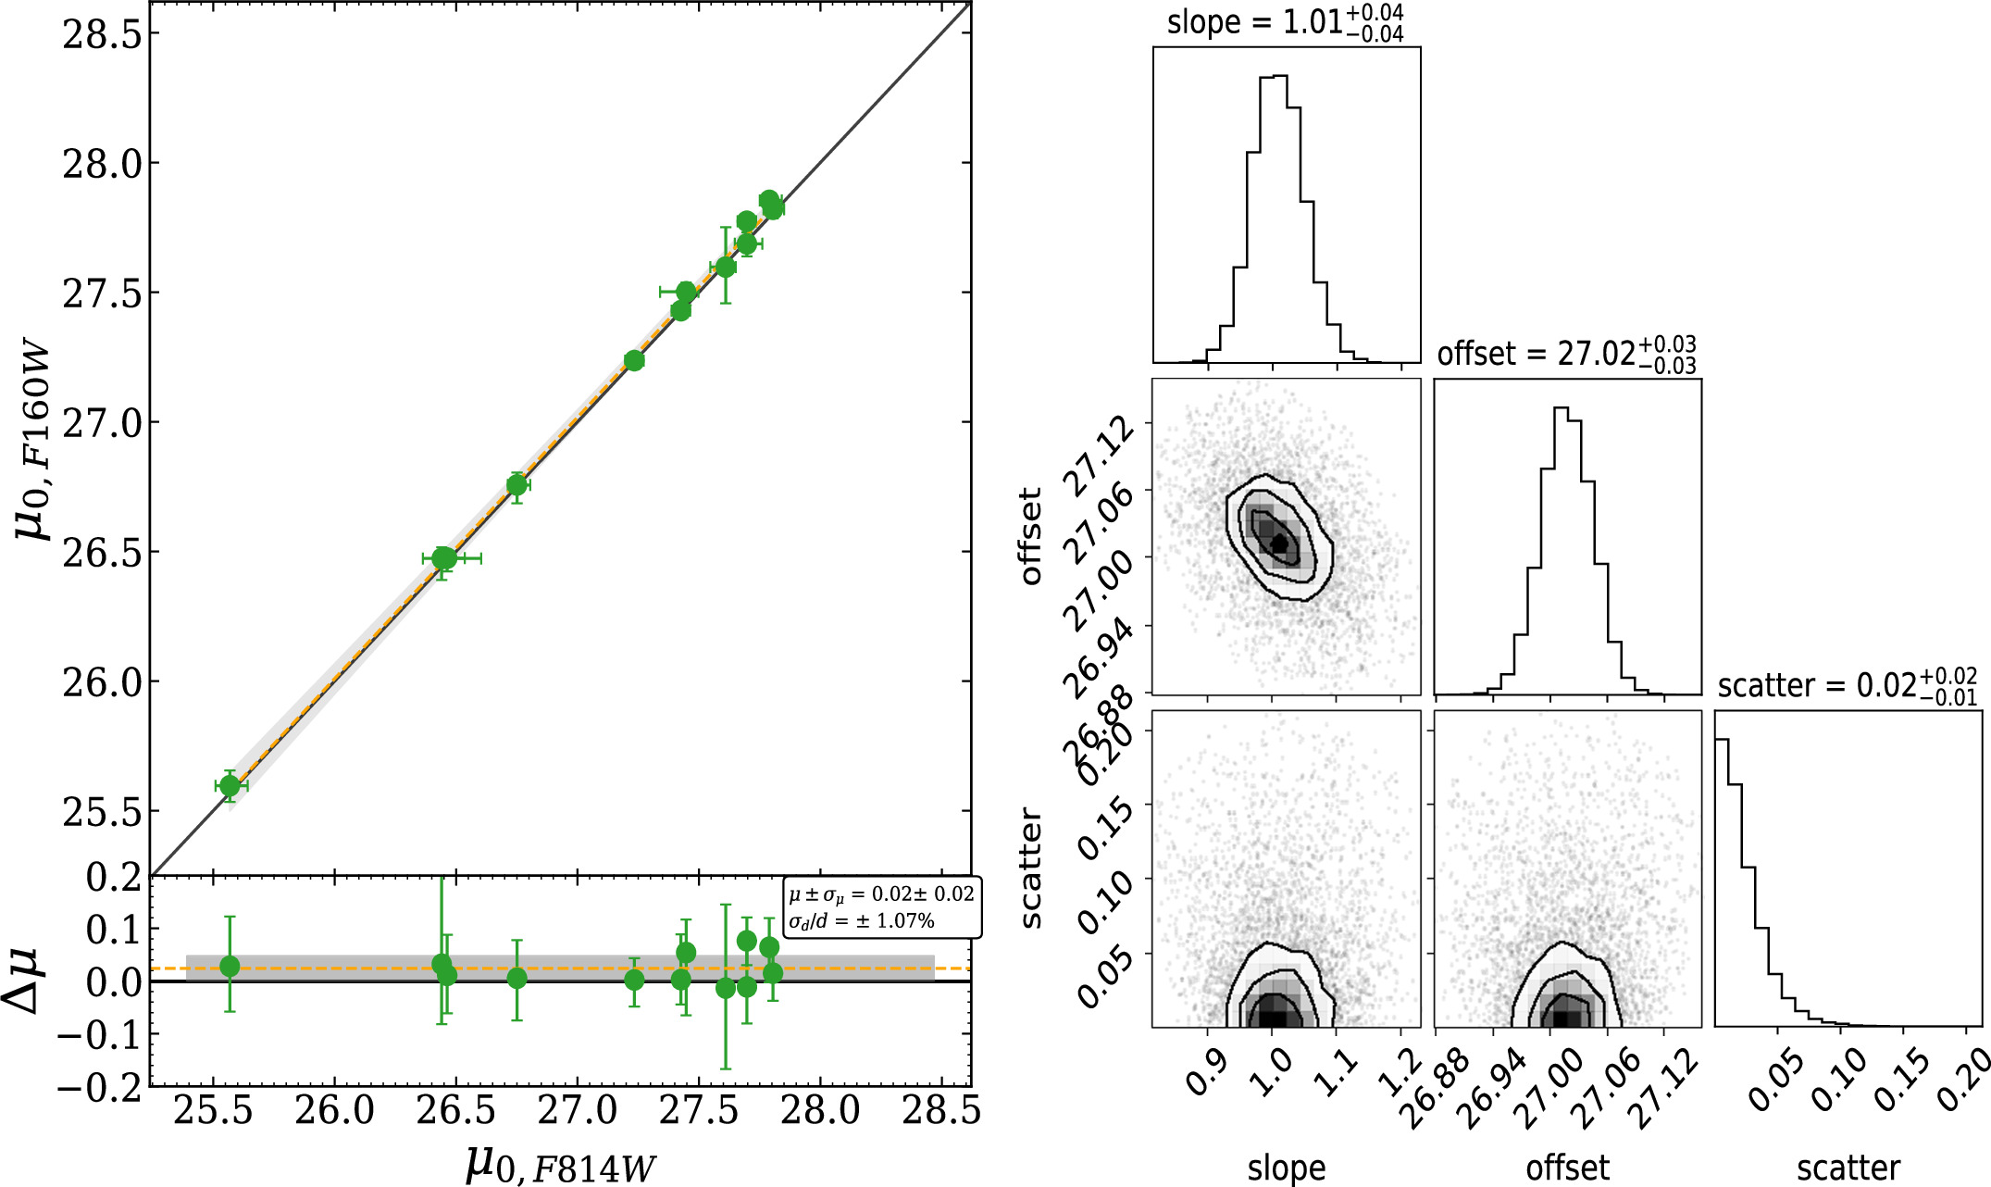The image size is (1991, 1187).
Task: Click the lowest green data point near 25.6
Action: (x=230, y=786)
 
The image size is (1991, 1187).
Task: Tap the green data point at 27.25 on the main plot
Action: (x=634, y=360)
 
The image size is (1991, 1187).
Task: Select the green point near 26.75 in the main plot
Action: (x=516, y=485)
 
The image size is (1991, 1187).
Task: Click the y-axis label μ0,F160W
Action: (x=34, y=444)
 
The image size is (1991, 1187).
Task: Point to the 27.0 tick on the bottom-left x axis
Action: (x=577, y=1110)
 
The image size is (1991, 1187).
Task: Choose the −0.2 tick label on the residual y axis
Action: (x=99, y=1085)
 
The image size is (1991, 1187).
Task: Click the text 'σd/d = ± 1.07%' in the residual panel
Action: (x=861, y=921)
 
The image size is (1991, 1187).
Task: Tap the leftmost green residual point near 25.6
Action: (x=230, y=966)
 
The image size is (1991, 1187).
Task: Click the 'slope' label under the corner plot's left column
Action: (x=1286, y=1168)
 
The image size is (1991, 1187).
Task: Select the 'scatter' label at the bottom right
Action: (x=1848, y=1168)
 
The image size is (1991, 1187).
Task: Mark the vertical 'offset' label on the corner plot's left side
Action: (x=1029, y=536)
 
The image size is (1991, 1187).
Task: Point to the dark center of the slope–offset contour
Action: (x=1279, y=544)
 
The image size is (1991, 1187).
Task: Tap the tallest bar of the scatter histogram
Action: (x=1723, y=880)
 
